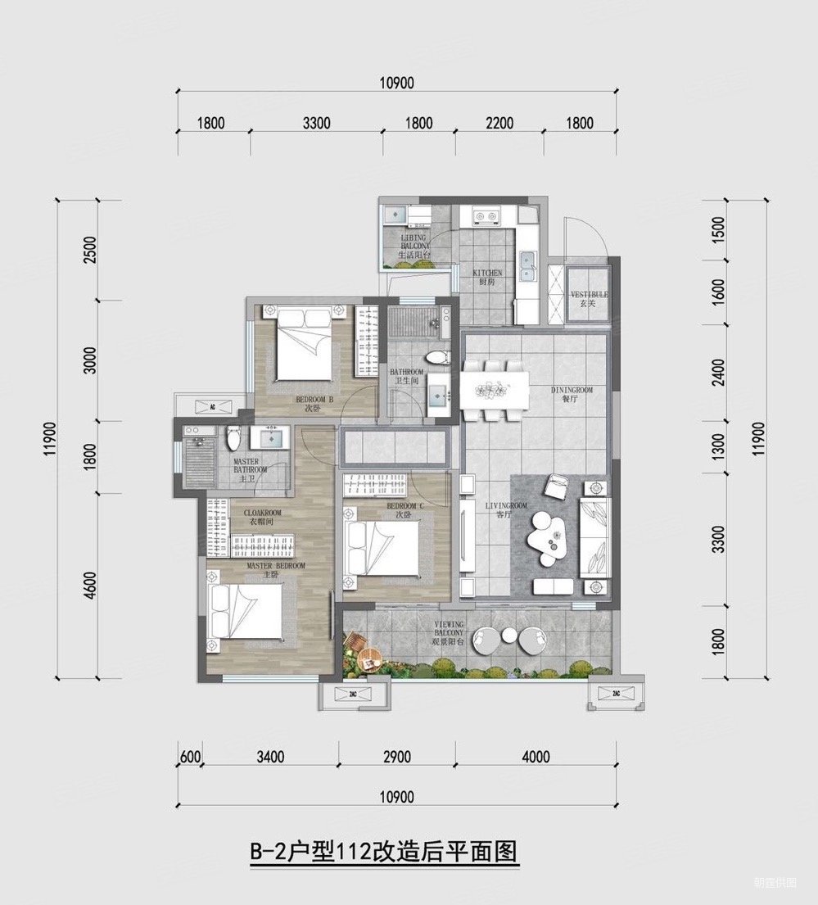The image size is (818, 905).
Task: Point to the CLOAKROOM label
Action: coord(262,517)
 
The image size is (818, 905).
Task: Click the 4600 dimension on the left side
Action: coord(90,585)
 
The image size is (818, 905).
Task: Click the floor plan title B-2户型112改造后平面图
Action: coord(384,853)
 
